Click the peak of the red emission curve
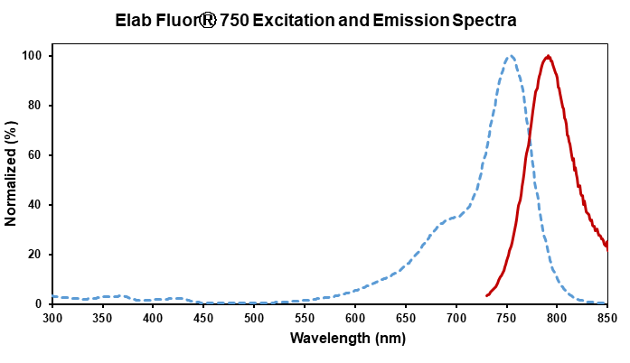coord(548,56)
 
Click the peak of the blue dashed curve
coord(511,56)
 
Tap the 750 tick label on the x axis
coord(507,318)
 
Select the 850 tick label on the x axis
coord(607,318)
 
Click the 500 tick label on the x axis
coord(255,318)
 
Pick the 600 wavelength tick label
coord(355,318)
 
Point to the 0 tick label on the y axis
coord(41,304)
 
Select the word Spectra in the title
coord(484,19)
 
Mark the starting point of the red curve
coord(487,295)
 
